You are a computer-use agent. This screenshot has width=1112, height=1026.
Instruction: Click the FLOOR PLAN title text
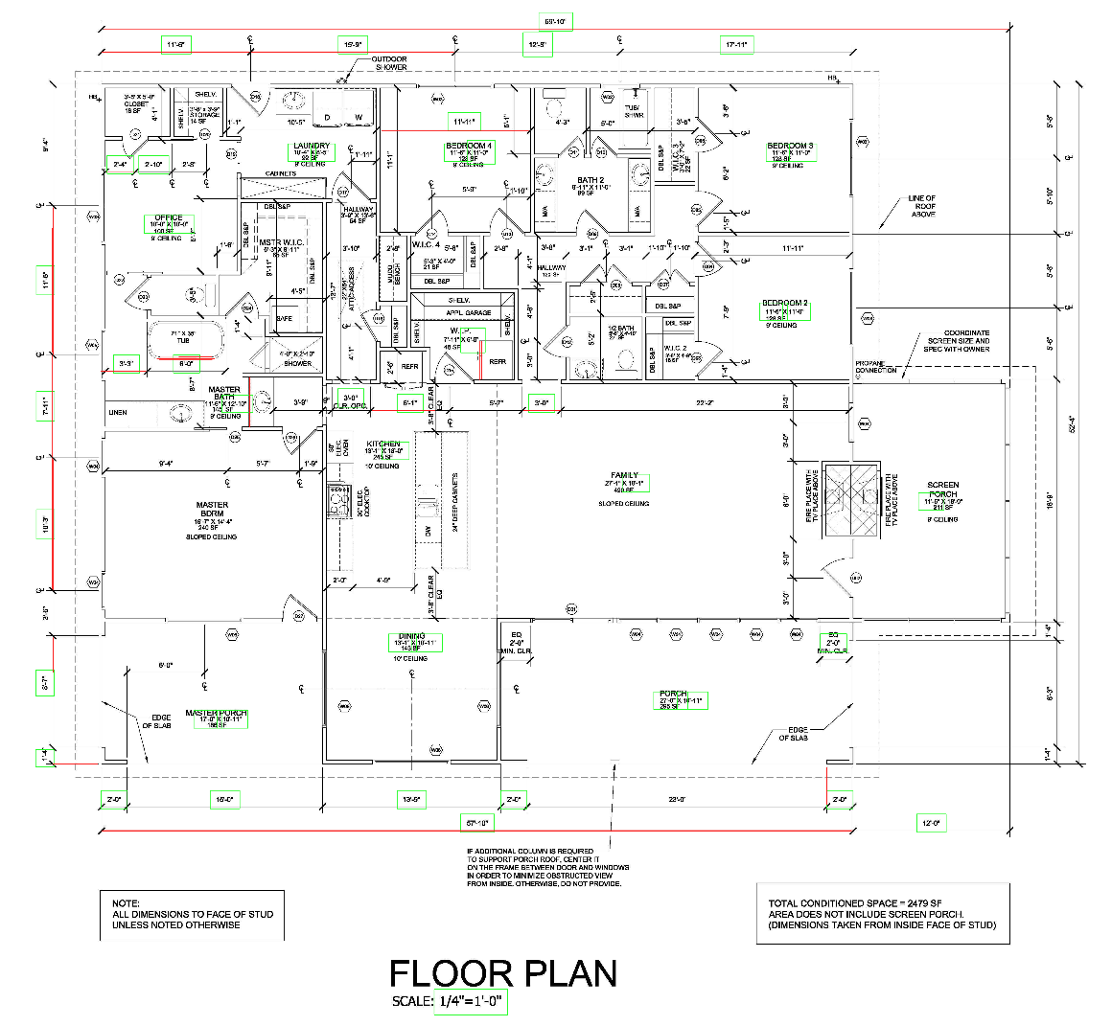pos(502,973)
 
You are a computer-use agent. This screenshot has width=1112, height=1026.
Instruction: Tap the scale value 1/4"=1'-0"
pos(470,1002)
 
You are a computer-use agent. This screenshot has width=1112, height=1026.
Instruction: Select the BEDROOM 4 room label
pos(469,146)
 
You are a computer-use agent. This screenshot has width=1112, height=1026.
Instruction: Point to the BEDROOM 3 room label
pos(790,147)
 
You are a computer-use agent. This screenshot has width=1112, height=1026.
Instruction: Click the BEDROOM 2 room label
pos(784,303)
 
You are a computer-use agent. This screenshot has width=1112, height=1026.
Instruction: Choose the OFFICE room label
pos(168,218)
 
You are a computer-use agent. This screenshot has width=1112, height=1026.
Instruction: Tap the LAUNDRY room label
pos(311,147)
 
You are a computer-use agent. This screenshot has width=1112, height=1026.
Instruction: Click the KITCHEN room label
pos(383,445)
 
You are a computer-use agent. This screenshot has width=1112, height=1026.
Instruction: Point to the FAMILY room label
pos(624,476)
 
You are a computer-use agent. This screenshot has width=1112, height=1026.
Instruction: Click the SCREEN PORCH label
pos(942,490)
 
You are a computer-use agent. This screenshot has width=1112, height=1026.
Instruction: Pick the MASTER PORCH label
pos(216,713)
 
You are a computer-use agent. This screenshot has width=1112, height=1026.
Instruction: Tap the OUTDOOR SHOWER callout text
pos(390,63)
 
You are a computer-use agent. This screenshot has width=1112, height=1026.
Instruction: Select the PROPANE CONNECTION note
pos(876,366)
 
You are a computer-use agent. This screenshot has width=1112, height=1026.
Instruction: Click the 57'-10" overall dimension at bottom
pos(477,823)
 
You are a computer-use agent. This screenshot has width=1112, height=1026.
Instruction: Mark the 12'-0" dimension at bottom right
pos(931,823)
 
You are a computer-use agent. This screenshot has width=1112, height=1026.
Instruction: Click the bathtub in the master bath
pos(186,339)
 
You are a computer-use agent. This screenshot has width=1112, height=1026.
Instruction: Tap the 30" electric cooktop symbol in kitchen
pos(338,500)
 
